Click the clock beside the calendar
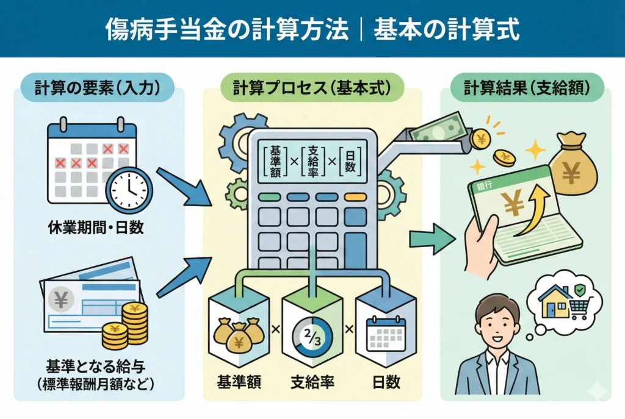tap(129, 190)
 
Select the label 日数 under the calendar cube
tap(386, 382)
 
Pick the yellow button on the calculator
tap(355, 197)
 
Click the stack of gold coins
tap(129, 324)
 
